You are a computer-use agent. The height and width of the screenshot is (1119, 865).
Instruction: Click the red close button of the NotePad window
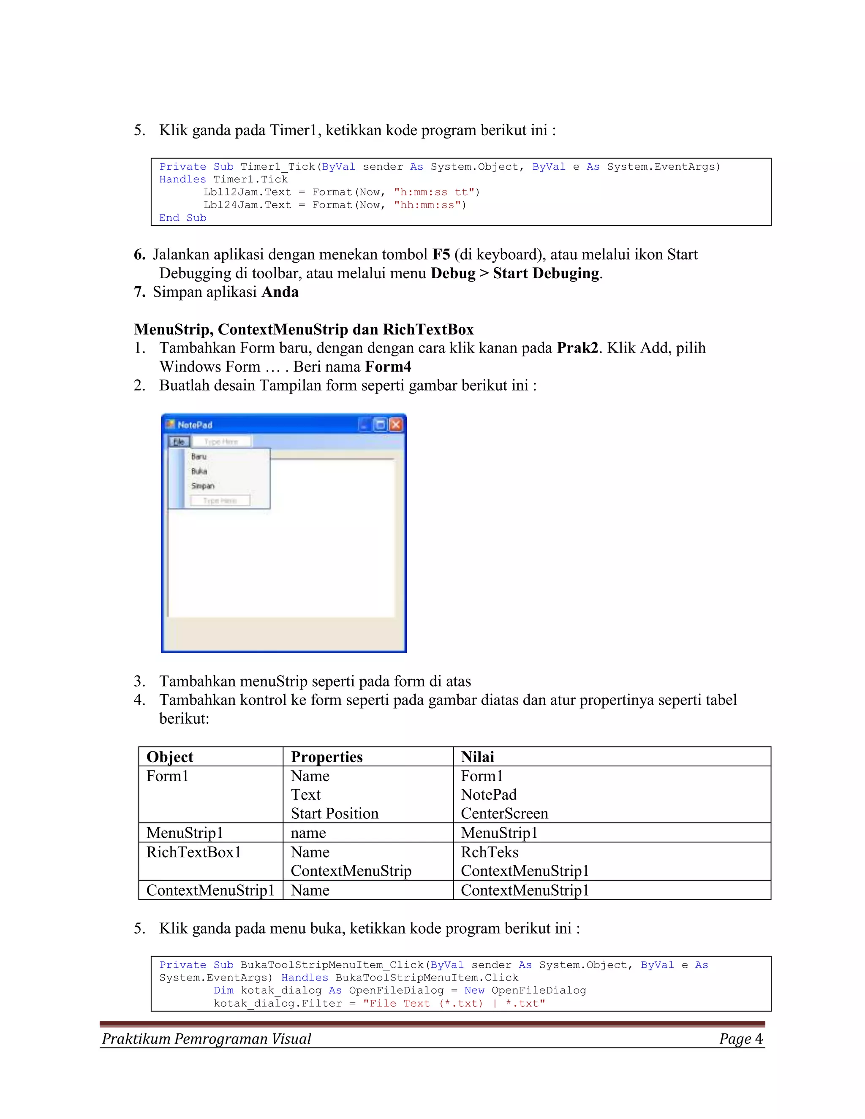coord(396,425)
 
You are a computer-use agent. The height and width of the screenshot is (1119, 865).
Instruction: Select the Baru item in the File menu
coord(199,456)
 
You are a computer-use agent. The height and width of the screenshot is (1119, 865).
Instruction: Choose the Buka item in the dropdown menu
coord(199,471)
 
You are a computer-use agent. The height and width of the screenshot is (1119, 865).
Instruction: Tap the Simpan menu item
coord(203,486)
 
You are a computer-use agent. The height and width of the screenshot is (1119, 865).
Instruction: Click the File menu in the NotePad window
coord(179,442)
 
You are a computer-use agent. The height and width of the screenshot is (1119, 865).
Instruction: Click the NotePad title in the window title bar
coord(195,425)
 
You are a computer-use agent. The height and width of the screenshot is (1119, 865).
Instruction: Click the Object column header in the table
coord(170,757)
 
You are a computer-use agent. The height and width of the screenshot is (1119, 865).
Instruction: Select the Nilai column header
coord(477,757)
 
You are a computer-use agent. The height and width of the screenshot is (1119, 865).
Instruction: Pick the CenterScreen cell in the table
coord(504,813)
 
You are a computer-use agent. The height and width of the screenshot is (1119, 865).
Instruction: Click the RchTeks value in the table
coord(490,852)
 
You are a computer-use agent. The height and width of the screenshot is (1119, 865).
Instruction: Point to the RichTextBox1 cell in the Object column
coord(194,852)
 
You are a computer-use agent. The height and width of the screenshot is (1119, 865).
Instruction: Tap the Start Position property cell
coord(335,813)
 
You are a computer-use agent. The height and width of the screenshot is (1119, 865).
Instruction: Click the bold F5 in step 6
coord(441,255)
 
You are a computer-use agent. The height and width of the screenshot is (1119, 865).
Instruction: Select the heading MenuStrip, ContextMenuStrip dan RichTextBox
coord(303,329)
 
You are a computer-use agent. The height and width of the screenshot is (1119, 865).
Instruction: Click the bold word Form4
coord(388,367)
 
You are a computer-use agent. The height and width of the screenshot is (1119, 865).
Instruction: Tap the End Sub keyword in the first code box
coord(182,218)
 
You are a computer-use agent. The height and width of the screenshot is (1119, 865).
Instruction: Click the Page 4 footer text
coord(740,1039)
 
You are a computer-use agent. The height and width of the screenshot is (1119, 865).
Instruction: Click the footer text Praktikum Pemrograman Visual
coord(207,1039)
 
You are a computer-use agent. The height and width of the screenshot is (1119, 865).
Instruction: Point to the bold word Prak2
coord(577,348)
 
